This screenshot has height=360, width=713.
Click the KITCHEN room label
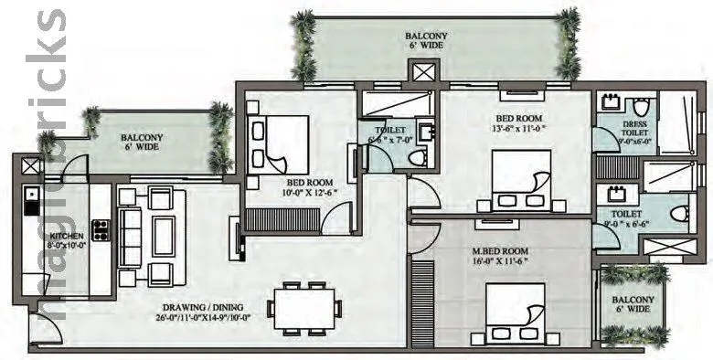[x=67, y=235]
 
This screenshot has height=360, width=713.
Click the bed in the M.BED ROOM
[x=516, y=309]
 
